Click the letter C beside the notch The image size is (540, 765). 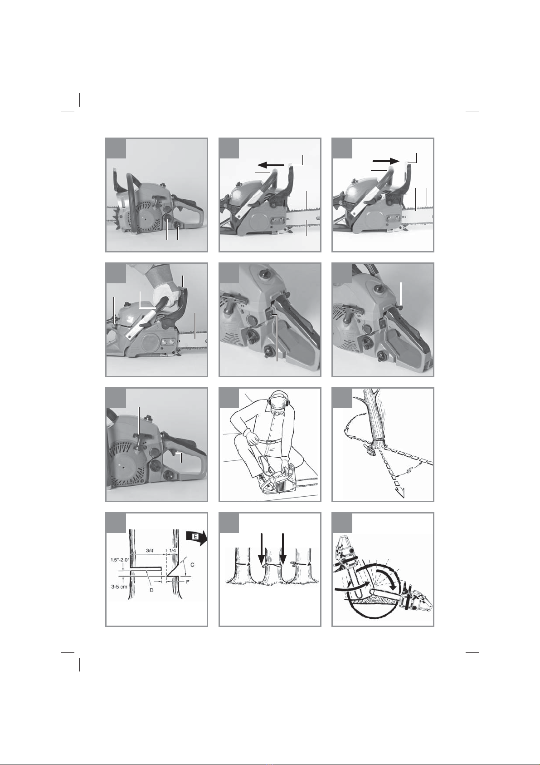pyautogui.click(x=192, y=565)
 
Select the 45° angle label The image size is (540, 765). pyautogui.click(x=408, y=471)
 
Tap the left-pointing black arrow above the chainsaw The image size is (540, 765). pyautogui.click(x=271, y=165)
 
